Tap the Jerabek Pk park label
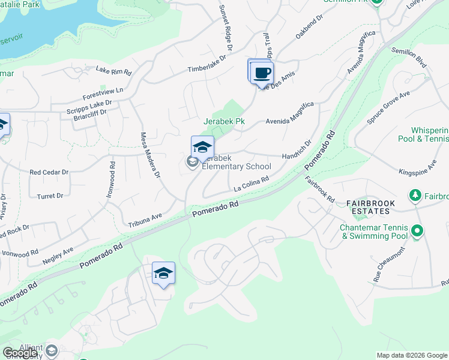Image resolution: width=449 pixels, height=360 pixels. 224,121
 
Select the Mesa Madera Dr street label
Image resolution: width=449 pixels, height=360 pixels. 150,155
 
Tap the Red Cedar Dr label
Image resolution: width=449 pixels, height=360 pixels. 49,172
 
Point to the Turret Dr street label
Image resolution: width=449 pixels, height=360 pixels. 50,196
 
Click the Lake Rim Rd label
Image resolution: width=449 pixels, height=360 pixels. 113,71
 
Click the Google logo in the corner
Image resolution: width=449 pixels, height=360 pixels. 20,353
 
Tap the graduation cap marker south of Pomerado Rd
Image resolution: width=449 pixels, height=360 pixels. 163,274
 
